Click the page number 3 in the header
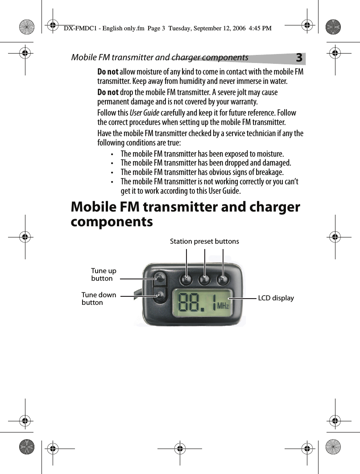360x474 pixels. (299, 58)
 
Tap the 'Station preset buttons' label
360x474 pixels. (204, 241)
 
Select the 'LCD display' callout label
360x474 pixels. (276, 298)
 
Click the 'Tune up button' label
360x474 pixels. (103, 274)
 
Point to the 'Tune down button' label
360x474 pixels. (99, 299)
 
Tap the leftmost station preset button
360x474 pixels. (186, 279)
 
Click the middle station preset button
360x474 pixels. (204, 279)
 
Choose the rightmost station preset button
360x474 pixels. (223, 279)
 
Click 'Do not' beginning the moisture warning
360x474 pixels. (108, 72)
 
